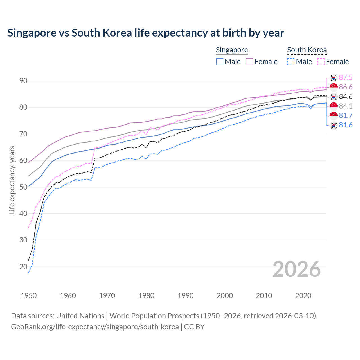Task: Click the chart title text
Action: tap(146, 33)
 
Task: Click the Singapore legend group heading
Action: tap(232, 50)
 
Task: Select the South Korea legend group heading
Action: tap(307, 50)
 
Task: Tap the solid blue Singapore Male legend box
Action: tap(220, 62)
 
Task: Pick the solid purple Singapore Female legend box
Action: tap(249, 62)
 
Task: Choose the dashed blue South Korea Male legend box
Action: tap(291, 62)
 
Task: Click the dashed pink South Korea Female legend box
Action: tap(321, 62)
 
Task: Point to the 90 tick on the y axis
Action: tap(23, 81)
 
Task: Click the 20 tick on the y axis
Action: tap(23, 267)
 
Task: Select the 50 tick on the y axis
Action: tap(23, 187)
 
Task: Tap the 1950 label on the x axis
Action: tap(29, 296)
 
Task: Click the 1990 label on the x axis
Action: tap(186, 296)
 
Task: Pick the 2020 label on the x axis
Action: tap(303, 296)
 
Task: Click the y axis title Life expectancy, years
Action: tap(12, 180)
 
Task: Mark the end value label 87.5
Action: tap(346, 78)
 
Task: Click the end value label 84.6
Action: tap(346, 97)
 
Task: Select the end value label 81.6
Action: tap(346, 125)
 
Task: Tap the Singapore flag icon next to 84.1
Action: tap(334, 106)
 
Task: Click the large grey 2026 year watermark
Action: tap(297, 269)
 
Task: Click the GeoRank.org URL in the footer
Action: tap(95, 327)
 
